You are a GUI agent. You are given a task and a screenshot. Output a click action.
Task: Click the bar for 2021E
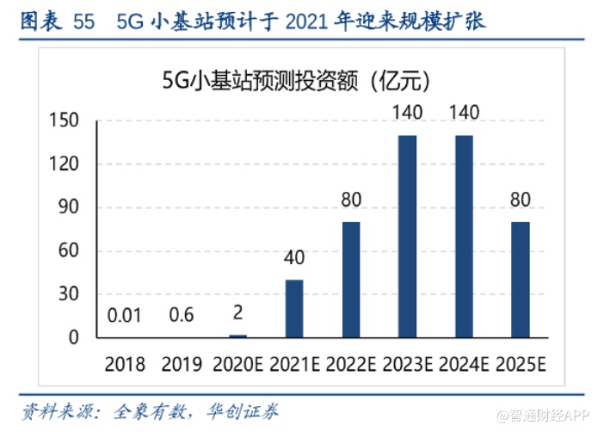point(294,308)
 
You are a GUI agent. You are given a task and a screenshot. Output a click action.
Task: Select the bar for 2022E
point(351,280)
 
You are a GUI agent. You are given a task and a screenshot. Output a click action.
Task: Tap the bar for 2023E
point(408,236)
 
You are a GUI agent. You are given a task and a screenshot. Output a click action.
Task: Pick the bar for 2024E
point(464,236)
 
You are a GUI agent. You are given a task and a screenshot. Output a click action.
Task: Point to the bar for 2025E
point(521,280)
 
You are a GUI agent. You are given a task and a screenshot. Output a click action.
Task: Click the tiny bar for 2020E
point(237,336)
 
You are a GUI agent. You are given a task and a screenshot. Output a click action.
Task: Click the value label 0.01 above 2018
point(125,316)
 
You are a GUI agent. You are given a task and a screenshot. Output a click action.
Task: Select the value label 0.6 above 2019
point(182,316)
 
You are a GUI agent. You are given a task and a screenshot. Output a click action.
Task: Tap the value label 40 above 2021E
point(294,258)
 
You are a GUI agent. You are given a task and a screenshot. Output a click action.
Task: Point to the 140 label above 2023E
point(408,114)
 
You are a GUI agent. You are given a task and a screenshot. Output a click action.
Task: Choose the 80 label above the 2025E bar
point(521,201)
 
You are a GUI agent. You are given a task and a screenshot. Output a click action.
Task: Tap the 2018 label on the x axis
point(125,364)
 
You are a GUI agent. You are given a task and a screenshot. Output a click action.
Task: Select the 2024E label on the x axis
point(464,364)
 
